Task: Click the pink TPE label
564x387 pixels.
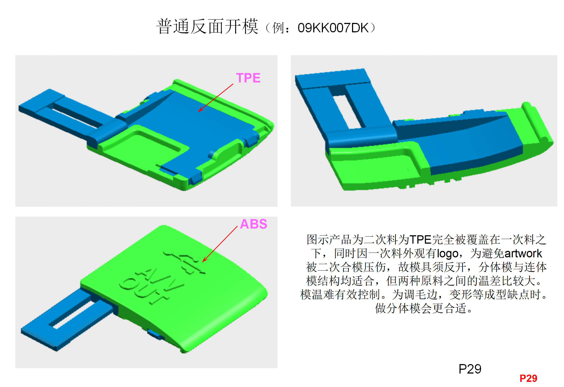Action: click(248, 78)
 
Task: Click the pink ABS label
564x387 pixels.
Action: click(253, 224)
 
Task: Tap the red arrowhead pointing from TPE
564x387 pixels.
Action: click(200, 110)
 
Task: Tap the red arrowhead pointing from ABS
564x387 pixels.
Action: click(204, 261)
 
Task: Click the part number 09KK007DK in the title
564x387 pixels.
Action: click(333, 28)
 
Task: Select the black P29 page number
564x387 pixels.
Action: click(470, 369)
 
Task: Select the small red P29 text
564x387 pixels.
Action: click(528, 378)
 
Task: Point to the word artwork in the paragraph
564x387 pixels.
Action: click(523, 254)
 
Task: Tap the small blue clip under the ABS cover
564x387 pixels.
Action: click(155, 334)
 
